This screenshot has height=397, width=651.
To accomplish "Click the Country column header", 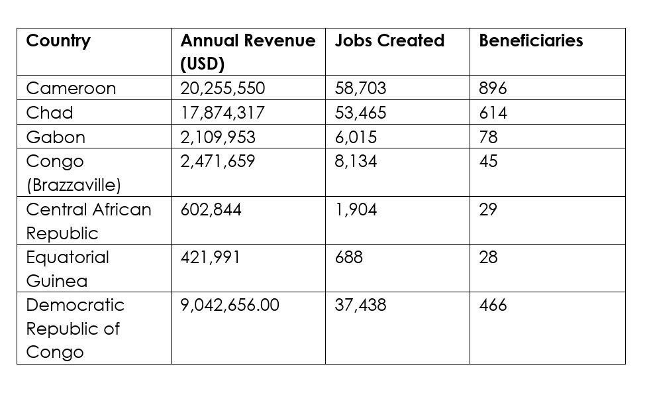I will [x=58, y=40].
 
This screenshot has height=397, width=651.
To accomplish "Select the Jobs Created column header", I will [x=389, y=40].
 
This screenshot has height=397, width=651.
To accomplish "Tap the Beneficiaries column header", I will [x=530, y=40].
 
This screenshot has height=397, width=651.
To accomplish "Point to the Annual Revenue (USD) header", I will [x=248, y=52].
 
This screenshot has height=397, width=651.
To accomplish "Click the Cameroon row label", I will [x=71, y=88].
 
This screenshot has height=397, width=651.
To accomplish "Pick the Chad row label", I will [x=50, y=113].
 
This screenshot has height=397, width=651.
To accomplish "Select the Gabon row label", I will [x=56, y=137].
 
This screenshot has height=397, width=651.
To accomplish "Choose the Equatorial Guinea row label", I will [x=68, y=268].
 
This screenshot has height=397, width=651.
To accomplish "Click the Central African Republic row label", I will [x=89, y=221].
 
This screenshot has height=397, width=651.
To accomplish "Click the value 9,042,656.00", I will [x=230, y=305].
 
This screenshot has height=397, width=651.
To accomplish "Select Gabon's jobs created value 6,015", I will [x=356, y=137].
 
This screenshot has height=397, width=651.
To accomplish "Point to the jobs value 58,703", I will [x=361, y=88].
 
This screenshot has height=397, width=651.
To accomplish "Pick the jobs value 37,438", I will [x=361, y=305].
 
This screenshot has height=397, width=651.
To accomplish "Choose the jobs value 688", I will [x=349, y=257].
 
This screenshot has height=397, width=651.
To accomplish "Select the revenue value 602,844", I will [x=211, y=209].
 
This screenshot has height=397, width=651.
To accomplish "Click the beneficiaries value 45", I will [x=488, y=161].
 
